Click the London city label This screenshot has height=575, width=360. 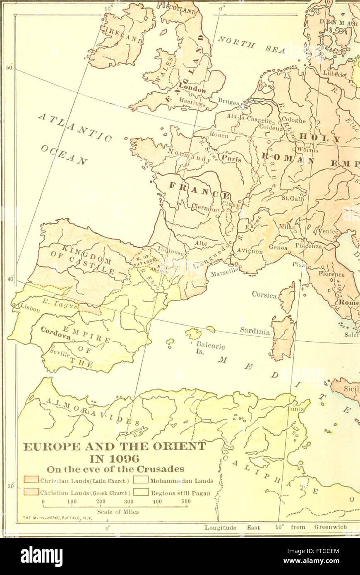coord(192,88)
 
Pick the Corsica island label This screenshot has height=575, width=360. coord(265,295)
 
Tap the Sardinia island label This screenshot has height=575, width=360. coord(255,331)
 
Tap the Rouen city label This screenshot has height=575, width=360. coord(218,135)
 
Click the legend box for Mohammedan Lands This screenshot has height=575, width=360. coord(141,480)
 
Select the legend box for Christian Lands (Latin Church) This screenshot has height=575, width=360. coord(31,480)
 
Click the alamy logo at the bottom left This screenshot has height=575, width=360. coord(41,556)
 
